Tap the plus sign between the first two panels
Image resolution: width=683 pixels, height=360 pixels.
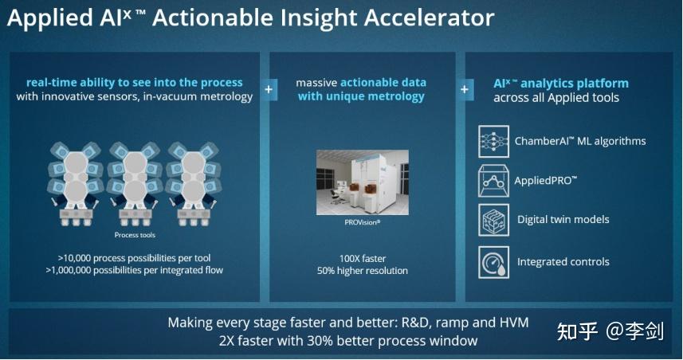[x=269, y=89]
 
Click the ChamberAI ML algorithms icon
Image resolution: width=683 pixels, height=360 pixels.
[x=493, y=141]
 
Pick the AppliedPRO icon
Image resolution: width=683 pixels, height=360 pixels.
[x=493, y=181]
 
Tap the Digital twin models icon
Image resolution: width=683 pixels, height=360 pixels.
[x=493, y=220]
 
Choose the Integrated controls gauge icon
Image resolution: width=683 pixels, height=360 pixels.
[x=493, y=262]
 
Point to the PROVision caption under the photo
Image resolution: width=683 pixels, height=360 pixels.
[x=362, y=223]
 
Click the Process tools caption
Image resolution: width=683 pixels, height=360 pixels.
[x=134, y=235]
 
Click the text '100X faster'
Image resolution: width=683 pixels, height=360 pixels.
[x=362, y=258]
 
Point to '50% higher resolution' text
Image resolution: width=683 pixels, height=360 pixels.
[x=362, y=271]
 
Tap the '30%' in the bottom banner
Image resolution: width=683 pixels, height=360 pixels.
[x=336, y=341]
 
